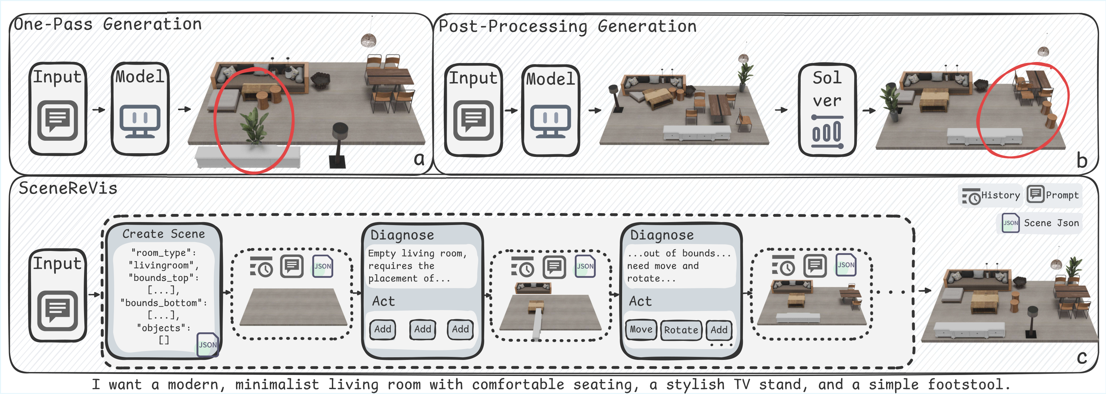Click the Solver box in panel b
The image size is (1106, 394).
point(827,110)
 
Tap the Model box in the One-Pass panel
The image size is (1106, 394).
point(140,109)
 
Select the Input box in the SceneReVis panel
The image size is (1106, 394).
point(57,295)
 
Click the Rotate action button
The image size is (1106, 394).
point(681,330)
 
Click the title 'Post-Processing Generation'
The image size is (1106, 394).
point(567,26)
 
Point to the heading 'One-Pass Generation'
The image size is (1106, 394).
point(108,24)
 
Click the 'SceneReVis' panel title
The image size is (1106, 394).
point(68,188)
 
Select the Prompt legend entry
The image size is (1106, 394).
point(1053,195)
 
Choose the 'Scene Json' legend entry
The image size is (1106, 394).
point(1041,223)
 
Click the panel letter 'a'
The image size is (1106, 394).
point(419,159)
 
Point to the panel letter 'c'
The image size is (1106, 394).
point(1082,357)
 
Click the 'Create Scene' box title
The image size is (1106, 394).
point(163,234)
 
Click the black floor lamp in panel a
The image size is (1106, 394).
point(339,144)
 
